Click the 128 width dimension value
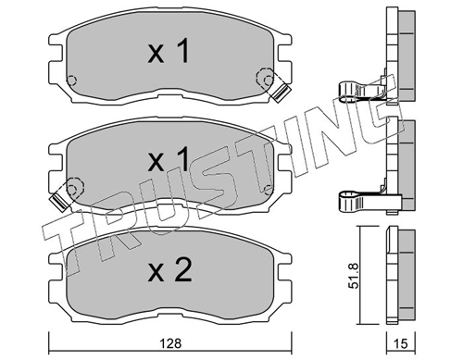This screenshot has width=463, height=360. click(x=170, y=343)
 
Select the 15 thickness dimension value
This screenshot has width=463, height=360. click(x=401, y=343)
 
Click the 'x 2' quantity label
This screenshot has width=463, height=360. click(x=170, y=270)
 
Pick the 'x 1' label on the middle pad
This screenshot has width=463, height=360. click(x=169, y=159)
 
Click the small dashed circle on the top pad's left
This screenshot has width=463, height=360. click(x=71, y=81)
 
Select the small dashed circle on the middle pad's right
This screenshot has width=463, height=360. click(x=269, y=189)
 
